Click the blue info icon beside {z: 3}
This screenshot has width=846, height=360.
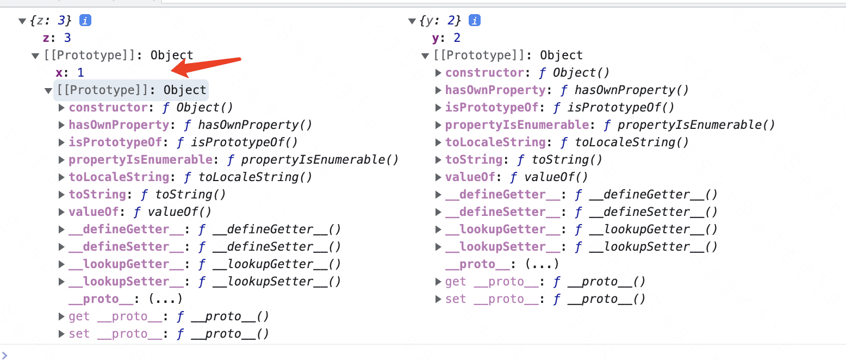[x=85, y=21]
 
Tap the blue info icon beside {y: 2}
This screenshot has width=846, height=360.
[x=475, y=21]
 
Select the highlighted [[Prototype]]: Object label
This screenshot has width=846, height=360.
[x=131, y=90]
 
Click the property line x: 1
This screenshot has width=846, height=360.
[x=70, y=72]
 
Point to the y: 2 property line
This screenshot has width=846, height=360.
[x=446, y=38]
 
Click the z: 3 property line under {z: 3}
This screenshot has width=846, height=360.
[x=57, y=38]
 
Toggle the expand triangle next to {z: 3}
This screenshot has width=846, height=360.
[x=22, y=21]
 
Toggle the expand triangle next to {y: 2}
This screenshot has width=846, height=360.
[x=412, y=21]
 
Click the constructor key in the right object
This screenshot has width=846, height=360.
[x=484, y=72]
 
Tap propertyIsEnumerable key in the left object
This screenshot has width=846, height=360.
[x=140, y=159]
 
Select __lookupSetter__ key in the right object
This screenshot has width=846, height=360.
[x=502, y=246]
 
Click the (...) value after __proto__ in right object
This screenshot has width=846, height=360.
[x=543, y=264]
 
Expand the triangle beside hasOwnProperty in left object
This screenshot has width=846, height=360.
[x=62, y=125]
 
